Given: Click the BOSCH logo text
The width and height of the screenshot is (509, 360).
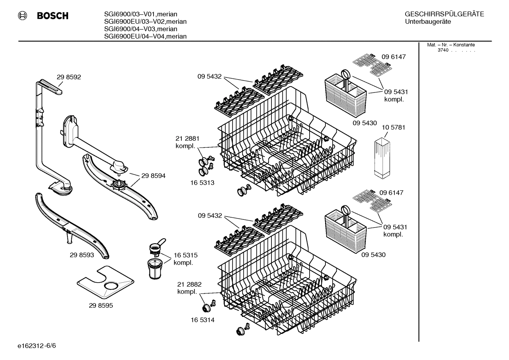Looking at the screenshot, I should tap(53, 16).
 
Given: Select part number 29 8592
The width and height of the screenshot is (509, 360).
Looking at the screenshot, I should tap(69, 77).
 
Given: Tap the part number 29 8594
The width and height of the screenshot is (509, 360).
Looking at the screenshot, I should tap(153, 176).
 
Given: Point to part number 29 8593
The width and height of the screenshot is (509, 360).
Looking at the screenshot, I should tap(82, 255).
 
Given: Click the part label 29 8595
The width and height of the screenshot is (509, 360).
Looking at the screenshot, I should tap(101, 305).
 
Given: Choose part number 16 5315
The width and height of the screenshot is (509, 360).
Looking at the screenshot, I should tap(185, 255).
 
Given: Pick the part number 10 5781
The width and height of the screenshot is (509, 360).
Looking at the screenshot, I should tap(394, 127).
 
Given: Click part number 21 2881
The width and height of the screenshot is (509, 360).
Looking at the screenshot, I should tap(187, 138).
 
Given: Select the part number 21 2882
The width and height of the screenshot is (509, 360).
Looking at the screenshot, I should tap(189, 284).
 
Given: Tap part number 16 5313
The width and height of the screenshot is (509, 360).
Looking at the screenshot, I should tap(203, 183).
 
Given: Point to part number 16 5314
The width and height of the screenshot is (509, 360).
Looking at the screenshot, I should tap(203, 320).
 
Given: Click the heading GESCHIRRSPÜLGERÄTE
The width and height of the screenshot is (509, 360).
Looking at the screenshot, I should tap(444, 14).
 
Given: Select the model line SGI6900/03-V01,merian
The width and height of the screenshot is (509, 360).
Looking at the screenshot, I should tap(140, 14).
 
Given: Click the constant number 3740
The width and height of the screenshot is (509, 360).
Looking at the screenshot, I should tap(443, 50).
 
